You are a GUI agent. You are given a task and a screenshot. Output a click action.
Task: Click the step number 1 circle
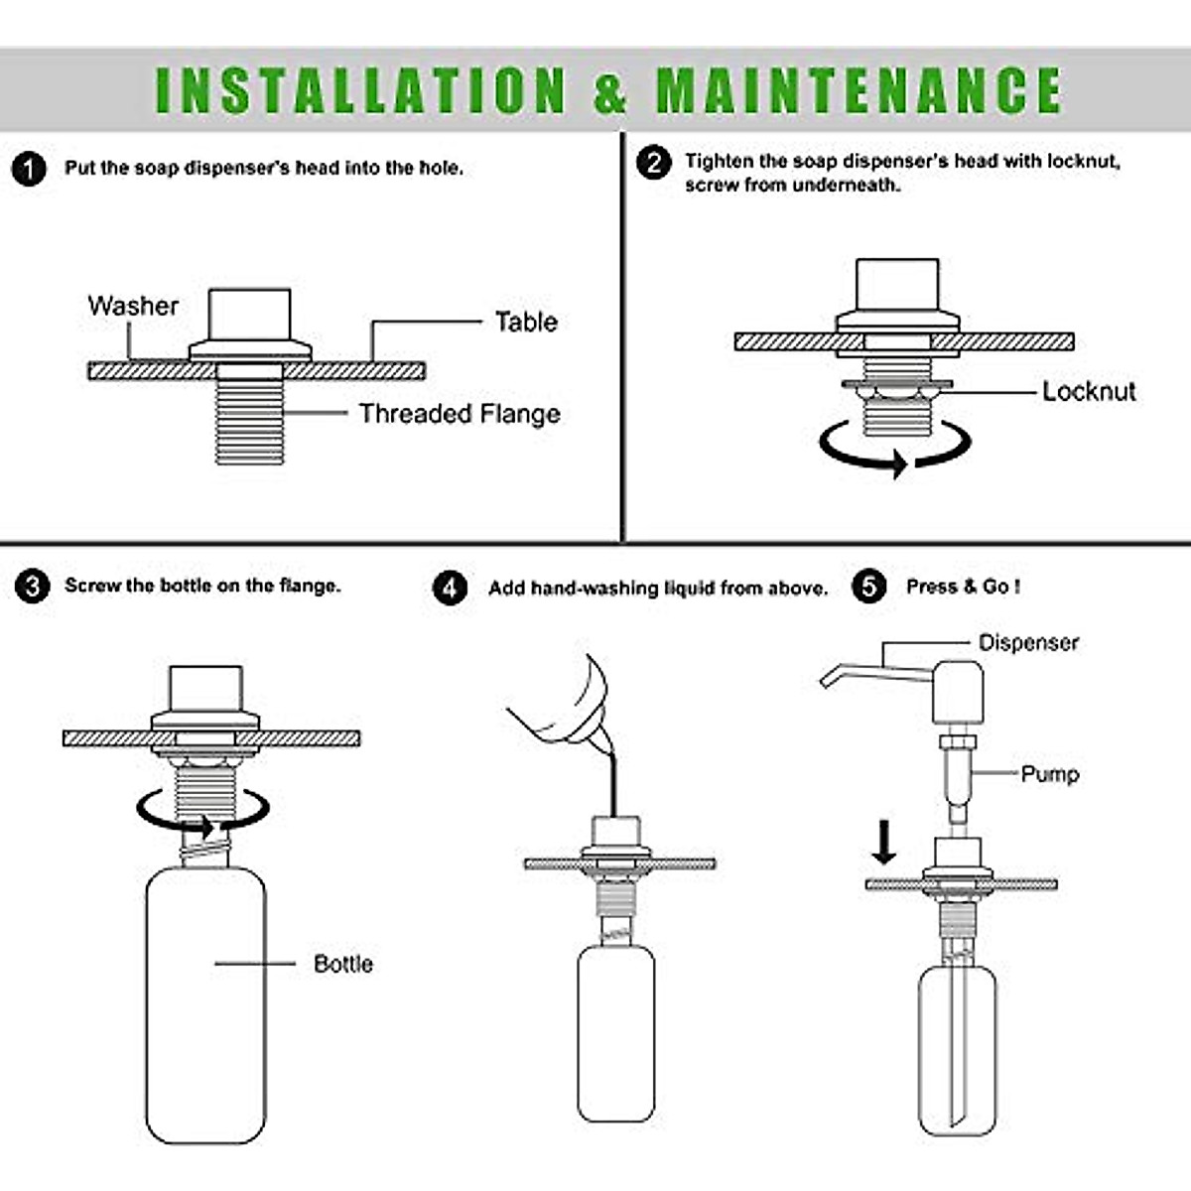point(29,169)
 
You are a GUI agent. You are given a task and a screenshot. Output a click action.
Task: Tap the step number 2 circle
point(653,163)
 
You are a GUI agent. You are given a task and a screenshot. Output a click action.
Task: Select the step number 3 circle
point(32,586)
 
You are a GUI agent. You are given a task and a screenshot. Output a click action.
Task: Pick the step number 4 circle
point(450,588)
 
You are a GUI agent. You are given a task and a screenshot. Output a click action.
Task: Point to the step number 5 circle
point(869,587)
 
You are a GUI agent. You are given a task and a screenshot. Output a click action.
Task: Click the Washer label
point(133,306)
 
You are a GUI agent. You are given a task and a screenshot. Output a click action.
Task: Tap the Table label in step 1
point(527,322)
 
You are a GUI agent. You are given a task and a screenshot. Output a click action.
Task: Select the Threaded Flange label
point(460,414)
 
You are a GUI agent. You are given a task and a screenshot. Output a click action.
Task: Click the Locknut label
point(1089,391)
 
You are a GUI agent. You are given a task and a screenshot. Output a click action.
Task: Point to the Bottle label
point(343,964)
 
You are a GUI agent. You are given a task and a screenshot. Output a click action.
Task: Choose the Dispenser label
point(1028,643)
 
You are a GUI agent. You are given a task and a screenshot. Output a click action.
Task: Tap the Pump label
point(1049,774)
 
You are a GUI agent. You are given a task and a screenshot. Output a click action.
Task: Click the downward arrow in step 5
point(884,842)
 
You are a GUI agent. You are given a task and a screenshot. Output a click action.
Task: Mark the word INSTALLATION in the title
point(360,90)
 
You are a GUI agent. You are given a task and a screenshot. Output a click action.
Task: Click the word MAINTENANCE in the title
point(860,90)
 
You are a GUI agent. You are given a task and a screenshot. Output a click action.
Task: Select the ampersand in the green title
point(610,91)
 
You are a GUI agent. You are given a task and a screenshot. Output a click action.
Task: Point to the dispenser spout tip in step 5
point(825,681)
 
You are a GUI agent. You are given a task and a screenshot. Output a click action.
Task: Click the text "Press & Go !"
point(963,587)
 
